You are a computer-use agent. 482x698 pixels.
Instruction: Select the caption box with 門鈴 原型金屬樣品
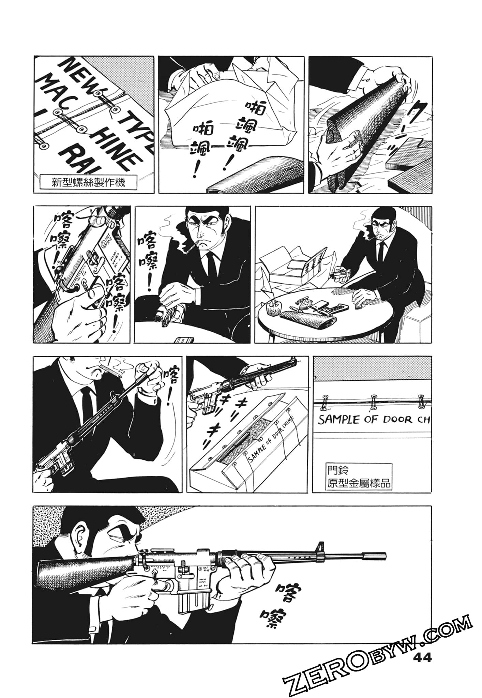pos(358,476)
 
